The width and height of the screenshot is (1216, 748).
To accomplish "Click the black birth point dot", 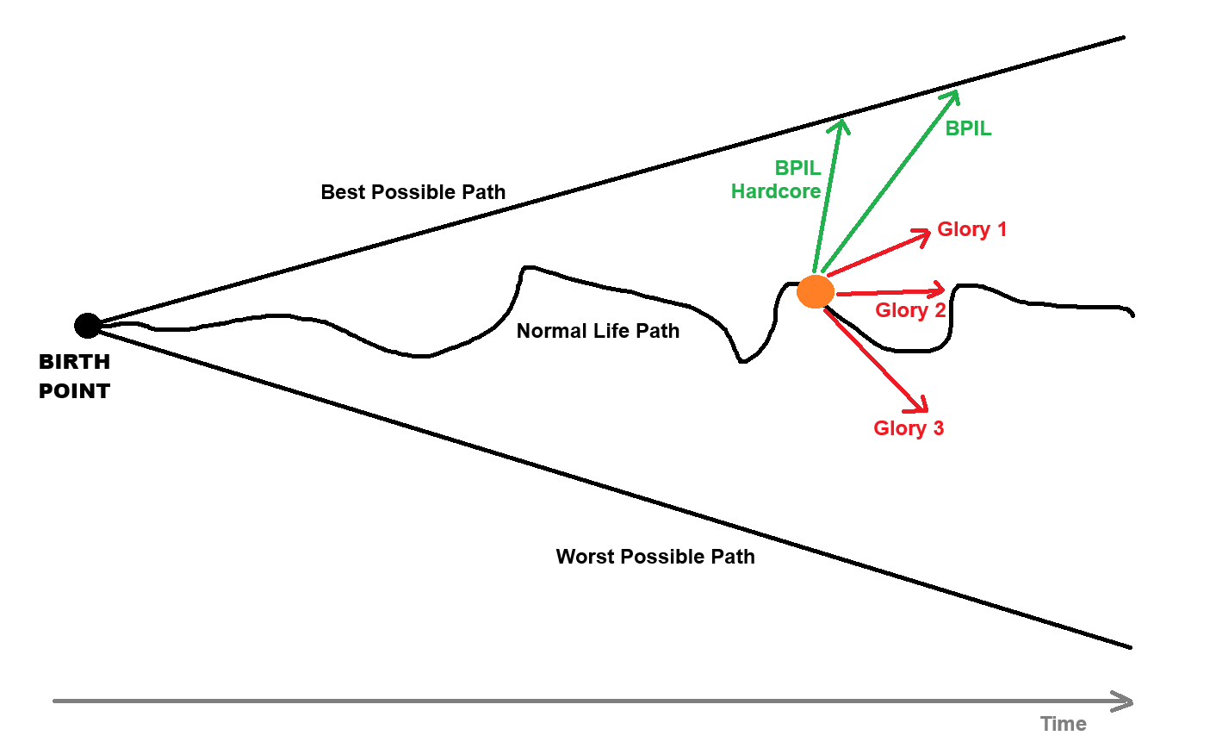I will pyautogui.click(x=87, y=326).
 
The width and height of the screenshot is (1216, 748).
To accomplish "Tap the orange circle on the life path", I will pyautogui.click(x=815, y=292).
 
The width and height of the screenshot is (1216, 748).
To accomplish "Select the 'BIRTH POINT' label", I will pyautogui.click(x=74, y=377).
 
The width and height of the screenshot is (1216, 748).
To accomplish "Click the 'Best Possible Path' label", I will pyautogui.click(x=413, y=192).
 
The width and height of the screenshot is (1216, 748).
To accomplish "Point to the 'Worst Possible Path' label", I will pyautogui.click(x=655, y=557).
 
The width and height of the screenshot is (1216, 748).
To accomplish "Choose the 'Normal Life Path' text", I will pyautogui.click(x=598, y=331).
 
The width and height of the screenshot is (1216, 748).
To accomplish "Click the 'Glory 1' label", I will pyautogui.click(x=971, y=229).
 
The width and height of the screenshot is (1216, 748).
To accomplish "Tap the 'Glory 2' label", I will pyautogui.click(x=910, y=310).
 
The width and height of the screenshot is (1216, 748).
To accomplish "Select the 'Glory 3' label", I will pyautogui.click(x=909, y=428).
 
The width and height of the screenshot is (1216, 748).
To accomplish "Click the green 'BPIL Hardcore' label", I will pyautogui.click(x=777, y=180).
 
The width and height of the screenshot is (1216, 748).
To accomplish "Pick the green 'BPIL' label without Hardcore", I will pyautogui.click(x=968, y=128).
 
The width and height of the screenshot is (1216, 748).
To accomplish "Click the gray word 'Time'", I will pyautogui.click(x=1063, y=724).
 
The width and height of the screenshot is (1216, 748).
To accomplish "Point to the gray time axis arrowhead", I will pyautogui.click(x=1125, y=701).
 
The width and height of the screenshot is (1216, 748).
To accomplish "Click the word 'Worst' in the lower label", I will pyautogui.click(x=583, y=557).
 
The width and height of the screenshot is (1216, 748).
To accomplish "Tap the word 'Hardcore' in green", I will pyautogui.click(x=776, y=191).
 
